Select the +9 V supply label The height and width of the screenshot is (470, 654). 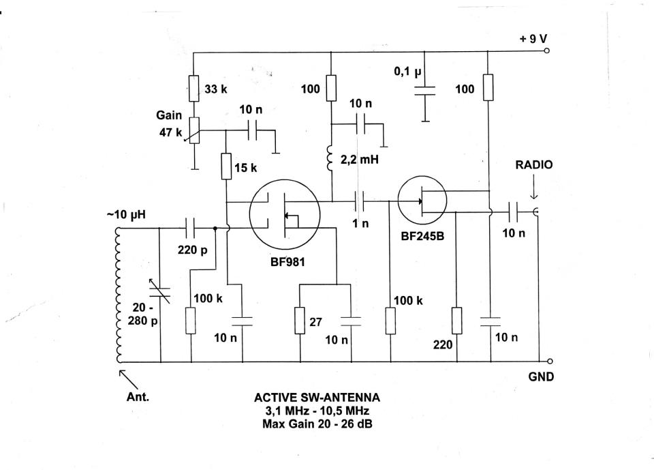pyautogui.click(x=533, y=39)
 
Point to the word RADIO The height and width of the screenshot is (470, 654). pyautogui.click(x=534, y=164)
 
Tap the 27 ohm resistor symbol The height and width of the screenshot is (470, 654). pyautogui.click(x=300, y=321)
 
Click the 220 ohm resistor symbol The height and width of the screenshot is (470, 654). pyautogui.click(x=456, y=321)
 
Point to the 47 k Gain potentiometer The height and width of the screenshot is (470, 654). pyautogui.click(x=194, y=130)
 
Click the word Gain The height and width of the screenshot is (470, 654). pyautogui.click(x=169, y=116)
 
